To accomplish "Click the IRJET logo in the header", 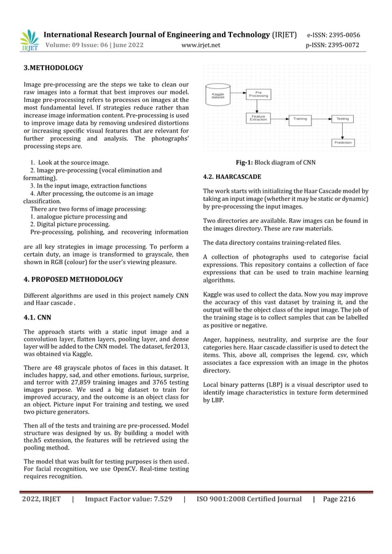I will point(28,40).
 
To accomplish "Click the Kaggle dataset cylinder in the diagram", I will point(218,95).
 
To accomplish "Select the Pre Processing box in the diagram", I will point(258,94).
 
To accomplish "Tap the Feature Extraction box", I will point(258,118).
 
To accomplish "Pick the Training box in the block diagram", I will point(300,119).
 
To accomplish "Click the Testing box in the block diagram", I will point(342,119).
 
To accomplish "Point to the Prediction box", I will point(342,142).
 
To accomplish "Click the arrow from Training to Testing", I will point(321,119).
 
